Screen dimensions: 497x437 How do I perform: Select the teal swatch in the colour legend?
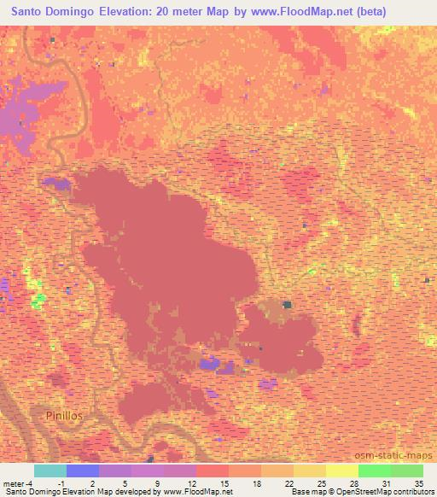coord(50,471)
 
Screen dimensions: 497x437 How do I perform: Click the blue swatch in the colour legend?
coord(83,471)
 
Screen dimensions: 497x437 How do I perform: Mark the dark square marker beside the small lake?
coord(288,304)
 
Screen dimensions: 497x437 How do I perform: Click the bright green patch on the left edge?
coord(38,301)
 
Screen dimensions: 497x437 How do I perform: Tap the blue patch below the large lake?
coord(208,365)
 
